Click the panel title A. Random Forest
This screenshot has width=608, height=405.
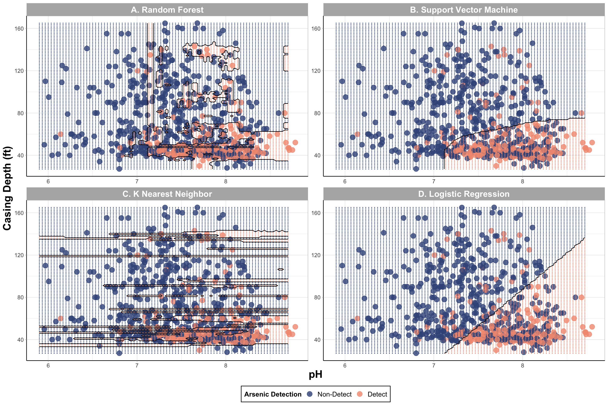click(x=167, y=10)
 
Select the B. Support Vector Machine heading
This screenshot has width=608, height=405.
click(x=464, y=10)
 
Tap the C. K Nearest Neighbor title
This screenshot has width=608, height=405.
click(x=167, y=194)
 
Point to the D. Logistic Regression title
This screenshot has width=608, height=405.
click(x=464, y=194)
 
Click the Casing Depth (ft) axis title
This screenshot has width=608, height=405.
click(x=7, y=188)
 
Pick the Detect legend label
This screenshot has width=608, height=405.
click(x=377, y=394)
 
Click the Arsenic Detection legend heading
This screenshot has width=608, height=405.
click(x=273, y=394)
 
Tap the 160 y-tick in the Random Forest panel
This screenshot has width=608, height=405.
click(x=19, y=29)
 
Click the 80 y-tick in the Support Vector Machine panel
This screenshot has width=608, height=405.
click(x=317, y=113)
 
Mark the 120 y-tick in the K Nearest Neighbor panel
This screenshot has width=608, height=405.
click(x=19, y=255)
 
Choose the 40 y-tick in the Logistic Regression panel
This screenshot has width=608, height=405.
click(x=317, y=340)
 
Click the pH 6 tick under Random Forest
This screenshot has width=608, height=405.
click(x=48, y=182)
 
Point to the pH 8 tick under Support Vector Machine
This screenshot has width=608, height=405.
click(x=522, y=182)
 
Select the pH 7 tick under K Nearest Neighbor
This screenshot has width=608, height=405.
click(x=137, y=366)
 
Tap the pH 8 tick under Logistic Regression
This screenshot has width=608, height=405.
click(x=522, y=366)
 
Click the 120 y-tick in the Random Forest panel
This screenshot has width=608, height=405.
click(x=19, y=71)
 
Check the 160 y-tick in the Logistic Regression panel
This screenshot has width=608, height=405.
click(x=316, y=213)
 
